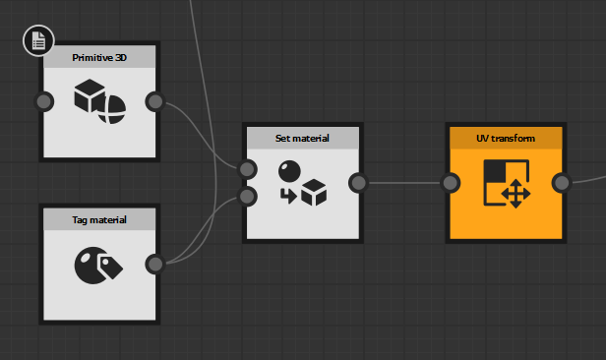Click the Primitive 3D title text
point(99,58)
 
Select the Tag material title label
point(99,218)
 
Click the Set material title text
point(303,138)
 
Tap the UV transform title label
point(506,138)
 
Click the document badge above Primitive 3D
point(37,40)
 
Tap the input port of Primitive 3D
point(43,101)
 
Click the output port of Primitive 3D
point(154,101)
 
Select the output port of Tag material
point(154,264)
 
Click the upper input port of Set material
point(248,169)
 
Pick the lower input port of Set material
point(248,196)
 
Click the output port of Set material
point(358,182)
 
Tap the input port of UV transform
point(451,182)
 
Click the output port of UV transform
point(562,182)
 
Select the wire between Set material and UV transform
point(404,182)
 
